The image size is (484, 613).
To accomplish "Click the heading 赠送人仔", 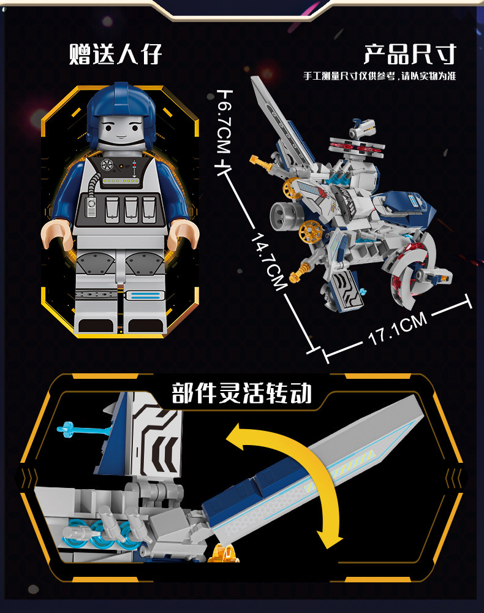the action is pyautogui.click(x=115, y=54).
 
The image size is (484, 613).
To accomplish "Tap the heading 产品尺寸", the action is pyautogui.click(x=410, y=54).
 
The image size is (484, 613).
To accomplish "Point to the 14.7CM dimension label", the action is pyautogui.click(x=269, y=262).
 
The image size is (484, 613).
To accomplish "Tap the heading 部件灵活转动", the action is pyautogui.click(x=241, y=393).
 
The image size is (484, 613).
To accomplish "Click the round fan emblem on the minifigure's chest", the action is pyautogui.click(x=106, y=165).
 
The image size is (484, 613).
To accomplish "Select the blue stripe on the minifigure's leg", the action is pyautogui.click(x=145, y=295).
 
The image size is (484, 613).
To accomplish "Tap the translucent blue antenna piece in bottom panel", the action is pyautogui.click(x=83, y=430).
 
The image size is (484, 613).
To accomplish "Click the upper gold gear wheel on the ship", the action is pyautogui.click(x=293, y=188).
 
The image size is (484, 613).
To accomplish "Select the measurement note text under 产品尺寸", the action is pyautogui.click(x=379, y=76).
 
